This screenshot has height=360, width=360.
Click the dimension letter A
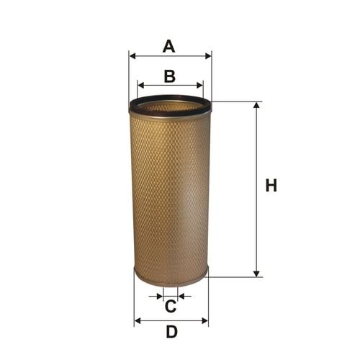tap(168, 46)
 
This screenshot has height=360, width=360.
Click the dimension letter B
tap(170, 76)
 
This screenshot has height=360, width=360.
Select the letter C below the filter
tap(171, 306)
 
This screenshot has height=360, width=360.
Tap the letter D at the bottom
tap(172, 332)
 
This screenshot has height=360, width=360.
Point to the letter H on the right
tap(271, 185)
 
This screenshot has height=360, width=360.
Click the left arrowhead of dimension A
tap(132, 56)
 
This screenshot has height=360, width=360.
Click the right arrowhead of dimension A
tap(208, 56)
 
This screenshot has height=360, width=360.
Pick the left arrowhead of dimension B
tap(141, 85)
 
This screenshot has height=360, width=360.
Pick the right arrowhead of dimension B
tap(199, 85)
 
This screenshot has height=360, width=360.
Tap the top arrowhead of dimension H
tap(256, 105)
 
